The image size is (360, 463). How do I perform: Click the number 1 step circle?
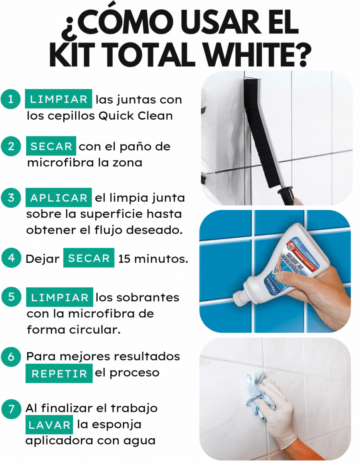(10, 99)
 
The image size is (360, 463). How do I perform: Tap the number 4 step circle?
(11, 258)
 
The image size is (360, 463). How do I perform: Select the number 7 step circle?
(11, 409)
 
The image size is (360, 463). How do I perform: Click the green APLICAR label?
(59, 198)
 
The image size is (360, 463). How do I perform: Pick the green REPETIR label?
(59, 373)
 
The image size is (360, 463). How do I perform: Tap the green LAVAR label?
(49, 425)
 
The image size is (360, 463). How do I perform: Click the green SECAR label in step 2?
(51, 146)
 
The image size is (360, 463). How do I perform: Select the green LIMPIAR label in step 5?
(60, 297)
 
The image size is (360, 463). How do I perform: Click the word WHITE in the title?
(258, 56)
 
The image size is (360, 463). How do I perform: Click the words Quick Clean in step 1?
(136, 116)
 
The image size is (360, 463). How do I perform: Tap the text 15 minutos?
(153, 259)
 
